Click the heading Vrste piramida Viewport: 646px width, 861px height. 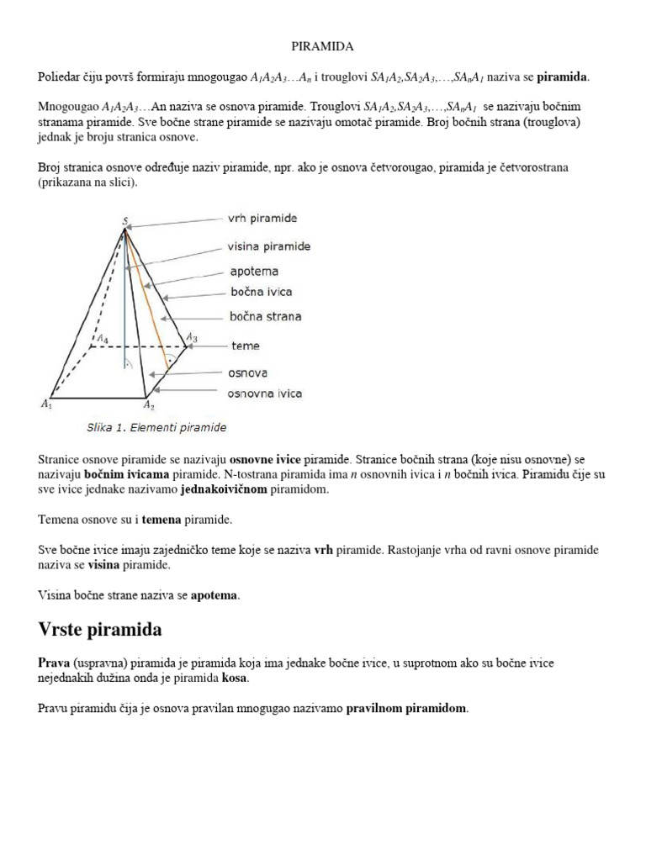[101, 630]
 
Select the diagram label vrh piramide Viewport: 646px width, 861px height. [262, 218]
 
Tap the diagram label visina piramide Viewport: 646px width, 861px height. [268, 246]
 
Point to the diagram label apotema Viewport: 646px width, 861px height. [253, 272]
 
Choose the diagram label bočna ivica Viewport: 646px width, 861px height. [261, 293]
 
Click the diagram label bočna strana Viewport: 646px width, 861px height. [265, 317]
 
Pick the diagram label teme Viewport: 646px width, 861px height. [245, 346]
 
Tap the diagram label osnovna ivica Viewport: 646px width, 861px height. [265, 393]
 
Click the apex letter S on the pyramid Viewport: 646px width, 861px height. [124, 221]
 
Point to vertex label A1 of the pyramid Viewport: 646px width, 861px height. [45, 404]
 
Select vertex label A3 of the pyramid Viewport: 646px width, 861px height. [192, 337]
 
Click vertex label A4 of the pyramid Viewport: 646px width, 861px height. [102, 339]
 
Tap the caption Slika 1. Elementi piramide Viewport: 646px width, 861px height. [156, 428]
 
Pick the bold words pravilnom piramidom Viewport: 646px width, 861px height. [406, 709]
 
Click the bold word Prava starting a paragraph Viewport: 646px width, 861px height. [53, 663]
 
